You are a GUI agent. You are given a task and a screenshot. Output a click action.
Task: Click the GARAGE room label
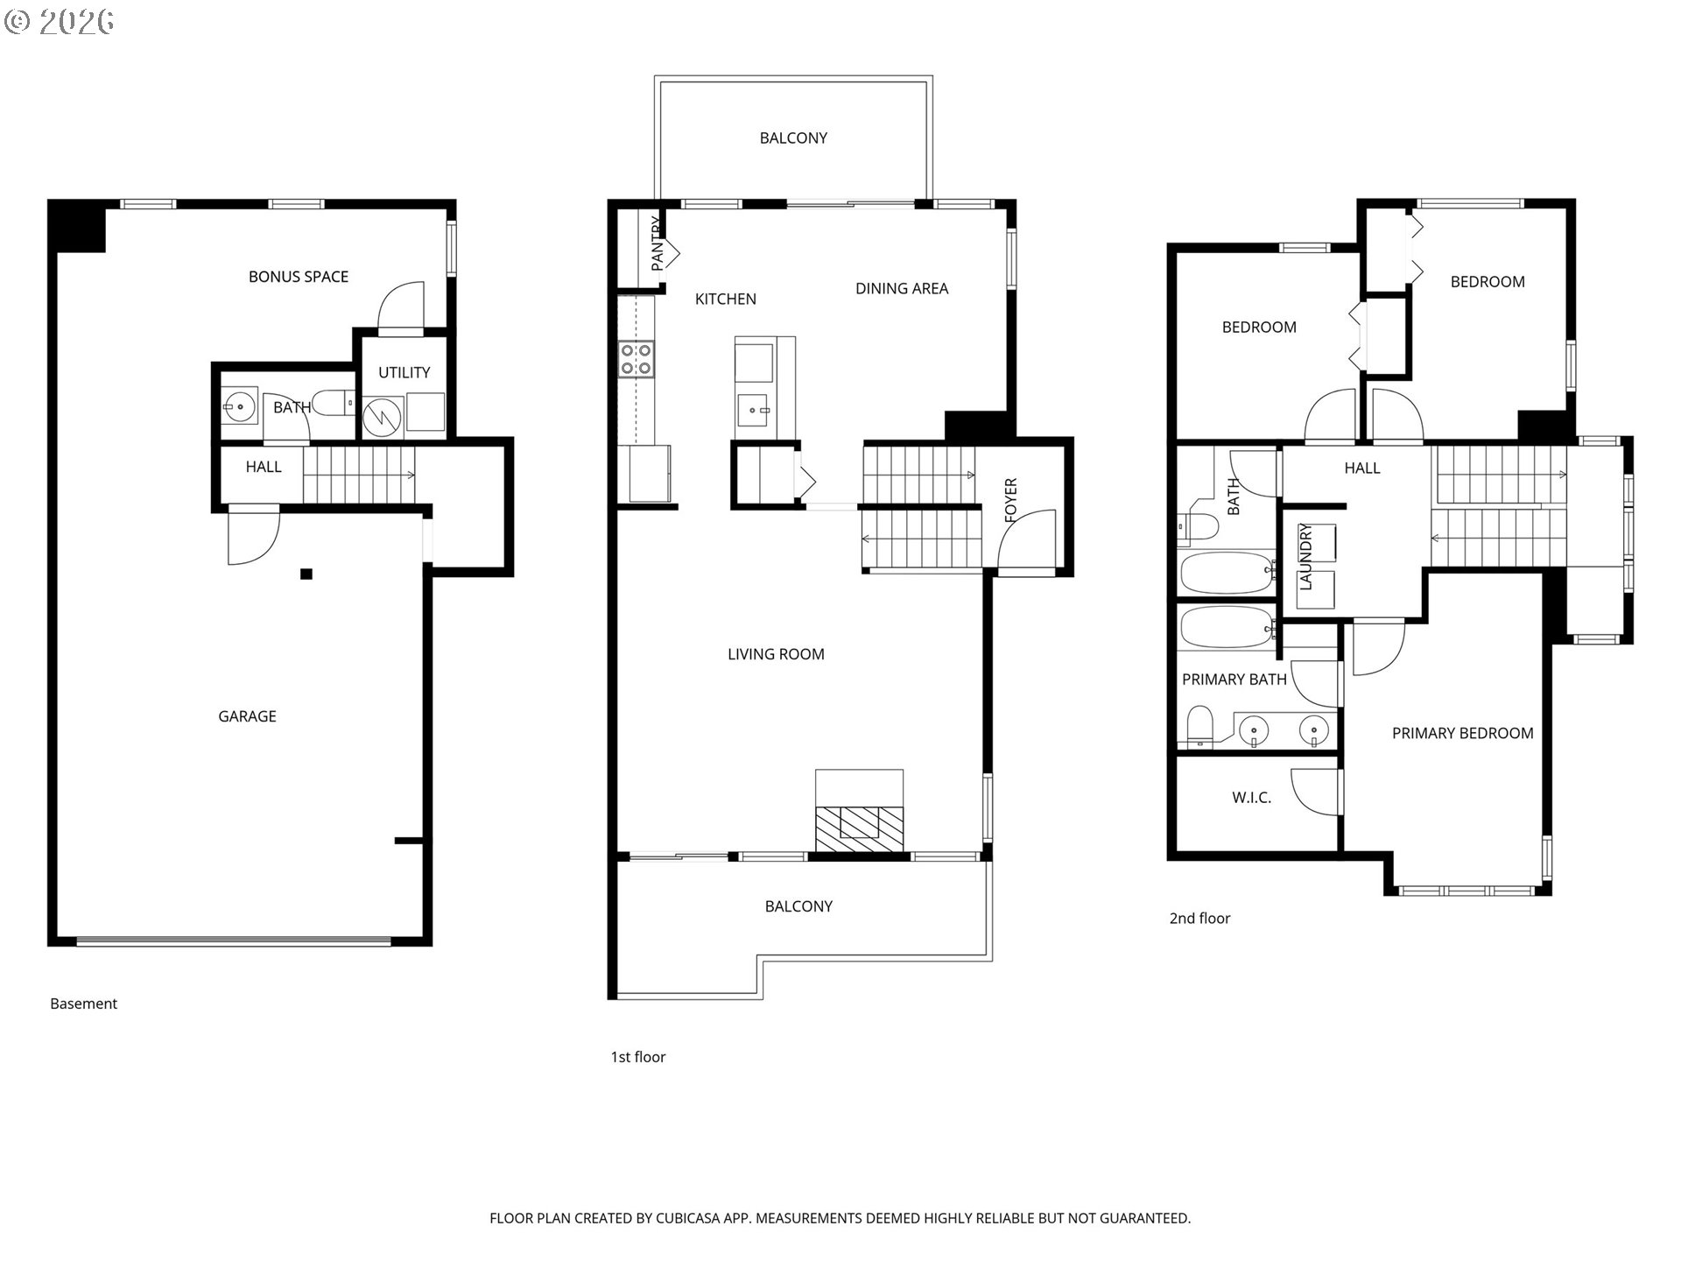(247, 716)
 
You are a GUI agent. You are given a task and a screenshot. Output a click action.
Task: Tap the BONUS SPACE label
(298, 277)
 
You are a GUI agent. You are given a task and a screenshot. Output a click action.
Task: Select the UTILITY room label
(404, 372)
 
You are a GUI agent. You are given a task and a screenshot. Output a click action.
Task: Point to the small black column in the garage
(306, 574)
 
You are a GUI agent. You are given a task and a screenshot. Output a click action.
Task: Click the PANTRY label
(658, 243)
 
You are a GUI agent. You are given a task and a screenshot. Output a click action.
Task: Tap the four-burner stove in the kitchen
(637, 359)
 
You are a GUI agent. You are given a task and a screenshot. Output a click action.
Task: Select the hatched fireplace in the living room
(858, 828)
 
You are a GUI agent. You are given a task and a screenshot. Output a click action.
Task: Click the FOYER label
(1011, 500)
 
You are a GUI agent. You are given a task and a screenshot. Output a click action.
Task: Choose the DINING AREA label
(901, 288)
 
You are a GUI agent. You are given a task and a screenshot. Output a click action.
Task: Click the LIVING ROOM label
(776, 654)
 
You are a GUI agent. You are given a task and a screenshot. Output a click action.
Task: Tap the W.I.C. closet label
(1251, 798)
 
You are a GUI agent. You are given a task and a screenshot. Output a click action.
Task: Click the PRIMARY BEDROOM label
(1462, 733)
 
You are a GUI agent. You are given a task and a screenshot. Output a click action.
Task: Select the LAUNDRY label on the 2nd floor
(1305, 556)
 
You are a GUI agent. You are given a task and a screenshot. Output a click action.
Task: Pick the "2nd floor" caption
(1199, 918)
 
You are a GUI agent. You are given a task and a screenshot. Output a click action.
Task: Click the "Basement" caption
(83, 1004)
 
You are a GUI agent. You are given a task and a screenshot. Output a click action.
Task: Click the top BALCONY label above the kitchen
(792, 137)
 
